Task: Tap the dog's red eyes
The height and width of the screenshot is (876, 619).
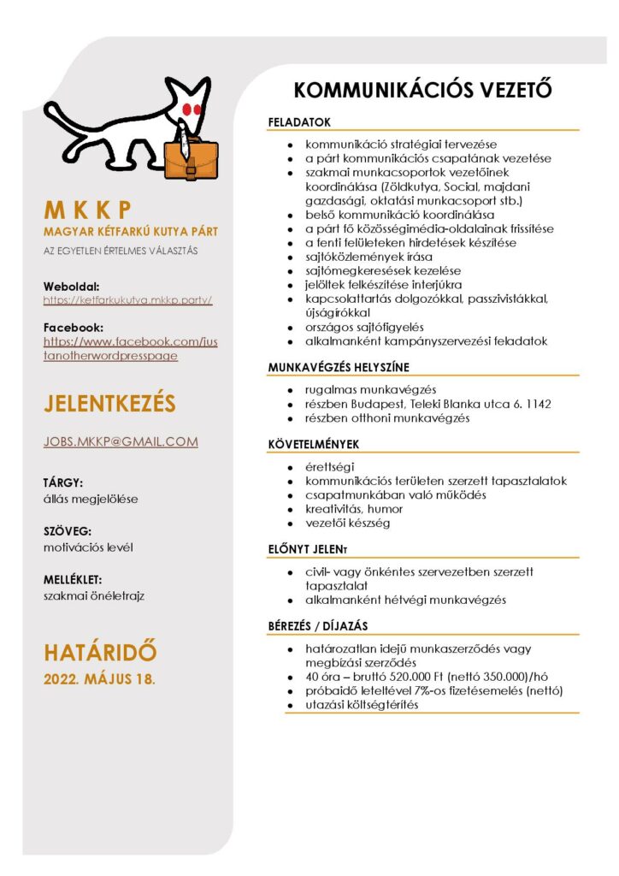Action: [191, 109]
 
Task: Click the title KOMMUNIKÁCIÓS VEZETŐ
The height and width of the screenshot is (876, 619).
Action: [422, 90]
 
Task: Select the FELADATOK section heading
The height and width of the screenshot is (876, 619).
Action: [299, 122]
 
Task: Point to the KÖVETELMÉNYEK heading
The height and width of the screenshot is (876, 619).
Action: [313, 444]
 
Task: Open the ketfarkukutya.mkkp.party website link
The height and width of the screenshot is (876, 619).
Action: [127, 300]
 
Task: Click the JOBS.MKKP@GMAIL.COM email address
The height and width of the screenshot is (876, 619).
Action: [121, 441]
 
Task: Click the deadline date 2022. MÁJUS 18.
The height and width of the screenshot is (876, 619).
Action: [99, 680]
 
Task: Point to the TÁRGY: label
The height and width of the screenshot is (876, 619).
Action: [63, 482]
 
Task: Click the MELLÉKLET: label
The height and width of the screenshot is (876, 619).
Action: [73, 579]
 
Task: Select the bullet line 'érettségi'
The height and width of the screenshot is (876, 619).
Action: [330, 466]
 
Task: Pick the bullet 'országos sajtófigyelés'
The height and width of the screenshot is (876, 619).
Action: [364, 327]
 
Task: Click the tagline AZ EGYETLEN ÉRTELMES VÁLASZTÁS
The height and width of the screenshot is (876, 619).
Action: [121, 251]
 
